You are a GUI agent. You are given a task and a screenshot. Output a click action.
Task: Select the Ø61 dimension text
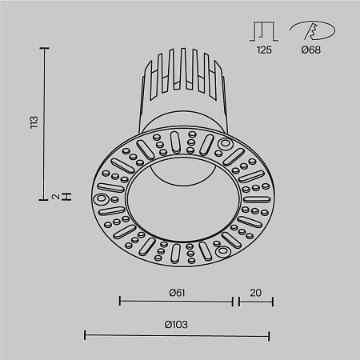(x=177, y=292)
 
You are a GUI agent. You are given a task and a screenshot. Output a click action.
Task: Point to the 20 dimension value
(x=254, y=292)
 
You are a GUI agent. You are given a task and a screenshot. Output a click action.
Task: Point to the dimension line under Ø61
(x=176, y=302)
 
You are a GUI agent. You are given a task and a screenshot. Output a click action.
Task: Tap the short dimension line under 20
(x=254, y=302)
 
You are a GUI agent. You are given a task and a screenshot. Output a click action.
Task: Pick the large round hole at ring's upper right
(x=225, y=145)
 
